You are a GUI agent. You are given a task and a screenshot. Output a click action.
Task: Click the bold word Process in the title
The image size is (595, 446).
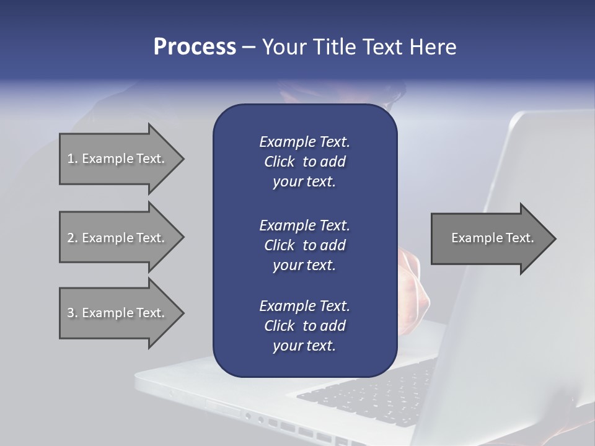point(195,47)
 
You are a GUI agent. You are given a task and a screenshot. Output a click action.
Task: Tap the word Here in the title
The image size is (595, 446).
point(433,47)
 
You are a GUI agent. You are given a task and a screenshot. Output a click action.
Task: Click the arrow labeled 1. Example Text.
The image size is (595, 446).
point(118,159)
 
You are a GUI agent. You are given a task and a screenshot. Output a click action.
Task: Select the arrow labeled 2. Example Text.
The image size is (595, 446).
point(118,238)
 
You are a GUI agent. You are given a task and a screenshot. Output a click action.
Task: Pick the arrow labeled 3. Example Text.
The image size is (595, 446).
point(118,313)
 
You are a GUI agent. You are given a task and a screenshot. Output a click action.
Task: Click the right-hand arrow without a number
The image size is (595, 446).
point(490,238)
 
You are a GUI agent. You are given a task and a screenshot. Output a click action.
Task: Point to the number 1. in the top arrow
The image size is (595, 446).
point(73,159)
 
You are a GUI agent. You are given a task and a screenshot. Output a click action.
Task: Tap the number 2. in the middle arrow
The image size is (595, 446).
point(73,238)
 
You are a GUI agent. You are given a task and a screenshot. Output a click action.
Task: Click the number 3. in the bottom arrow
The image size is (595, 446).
point(73,313)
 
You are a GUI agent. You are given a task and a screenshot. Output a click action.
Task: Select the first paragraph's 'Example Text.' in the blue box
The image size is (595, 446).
point(304,142)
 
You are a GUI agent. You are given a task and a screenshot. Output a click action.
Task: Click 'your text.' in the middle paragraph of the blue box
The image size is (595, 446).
point(304,265)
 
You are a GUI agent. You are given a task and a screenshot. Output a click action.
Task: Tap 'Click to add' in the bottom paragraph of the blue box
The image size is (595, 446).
point(304,326)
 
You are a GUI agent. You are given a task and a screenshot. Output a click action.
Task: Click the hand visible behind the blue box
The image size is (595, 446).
point(412,279)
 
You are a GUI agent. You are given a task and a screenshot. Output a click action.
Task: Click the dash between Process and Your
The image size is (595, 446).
point(249,48)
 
